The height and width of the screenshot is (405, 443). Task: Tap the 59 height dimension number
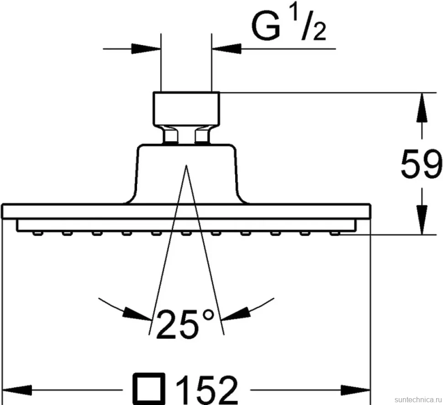(421, 164)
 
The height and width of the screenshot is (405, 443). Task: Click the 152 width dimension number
(206, 390)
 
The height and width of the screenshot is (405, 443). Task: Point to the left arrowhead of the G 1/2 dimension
(146, 48)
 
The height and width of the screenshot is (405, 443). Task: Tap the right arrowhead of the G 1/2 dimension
(227, 48)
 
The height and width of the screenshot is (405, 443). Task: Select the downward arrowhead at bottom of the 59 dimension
(422, 220)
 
